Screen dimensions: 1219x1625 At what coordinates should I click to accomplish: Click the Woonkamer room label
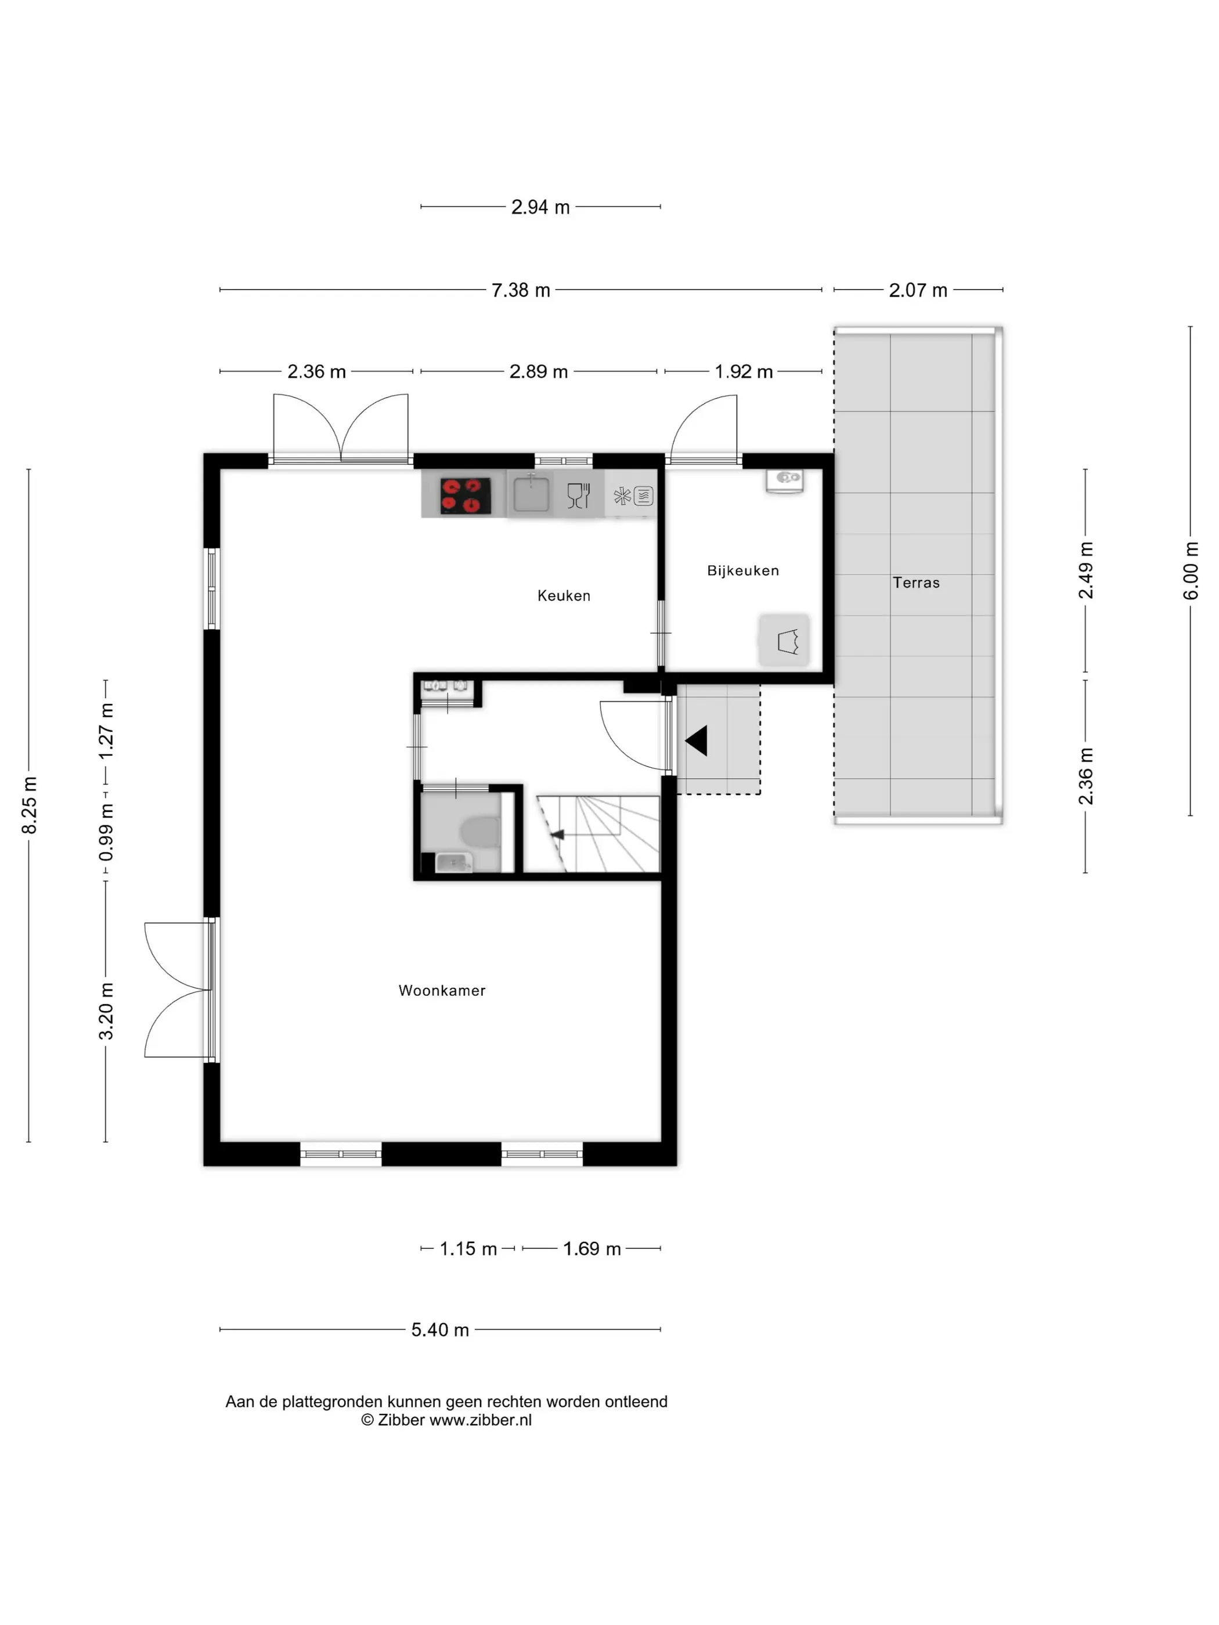click(442, 990)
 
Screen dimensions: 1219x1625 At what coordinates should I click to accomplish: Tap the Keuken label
click(564, 596)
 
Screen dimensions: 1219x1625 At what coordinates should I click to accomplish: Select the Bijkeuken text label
click(743, 571)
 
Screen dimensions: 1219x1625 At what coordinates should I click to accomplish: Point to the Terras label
click(915, 583)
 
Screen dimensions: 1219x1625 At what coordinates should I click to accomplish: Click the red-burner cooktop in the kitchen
click(465, 495)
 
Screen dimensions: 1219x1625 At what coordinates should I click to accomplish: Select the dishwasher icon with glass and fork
click(579, 495)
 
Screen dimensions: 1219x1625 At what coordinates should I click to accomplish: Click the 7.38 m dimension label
click(520, 290)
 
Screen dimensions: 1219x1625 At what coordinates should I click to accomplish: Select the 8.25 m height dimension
click(30, 805)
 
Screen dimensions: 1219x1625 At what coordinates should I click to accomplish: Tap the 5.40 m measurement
click(439, 1330)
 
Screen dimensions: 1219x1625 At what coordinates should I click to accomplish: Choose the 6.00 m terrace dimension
click(1191, 571)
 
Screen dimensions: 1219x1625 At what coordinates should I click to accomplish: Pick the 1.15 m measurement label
click(468, 1249)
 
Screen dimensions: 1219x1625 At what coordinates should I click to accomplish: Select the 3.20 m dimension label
click(107, 1012)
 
